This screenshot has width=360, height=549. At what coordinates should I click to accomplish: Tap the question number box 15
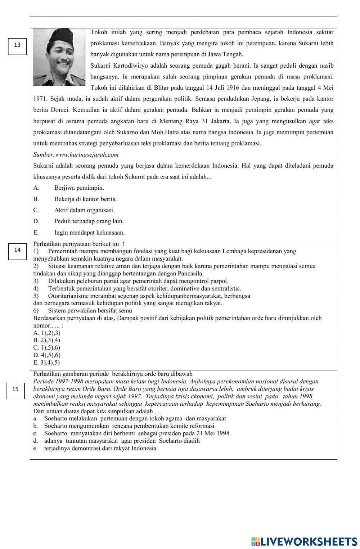click(15, 390)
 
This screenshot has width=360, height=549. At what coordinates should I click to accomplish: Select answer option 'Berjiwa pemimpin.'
click(79, 188)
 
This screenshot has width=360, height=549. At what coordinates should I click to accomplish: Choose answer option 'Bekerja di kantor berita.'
click(85, 199)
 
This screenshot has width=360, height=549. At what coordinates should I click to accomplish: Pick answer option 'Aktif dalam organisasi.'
click(84, 210)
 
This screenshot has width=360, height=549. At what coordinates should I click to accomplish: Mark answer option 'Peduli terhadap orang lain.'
click(89, 221)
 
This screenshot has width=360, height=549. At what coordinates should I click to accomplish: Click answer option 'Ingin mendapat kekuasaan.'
click(89, 233)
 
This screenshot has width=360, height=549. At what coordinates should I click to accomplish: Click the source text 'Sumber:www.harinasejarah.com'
click(76, 154)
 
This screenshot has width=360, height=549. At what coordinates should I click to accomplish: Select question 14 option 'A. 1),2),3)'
click(47, 333)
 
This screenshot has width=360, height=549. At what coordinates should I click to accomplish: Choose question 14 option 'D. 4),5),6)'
click(47, 355)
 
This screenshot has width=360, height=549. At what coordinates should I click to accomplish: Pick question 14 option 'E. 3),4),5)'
click(46, 363)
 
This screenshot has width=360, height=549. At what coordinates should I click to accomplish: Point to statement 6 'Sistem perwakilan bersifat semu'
click(90, 310)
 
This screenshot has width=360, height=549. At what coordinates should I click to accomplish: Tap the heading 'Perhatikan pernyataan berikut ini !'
click(79, 244)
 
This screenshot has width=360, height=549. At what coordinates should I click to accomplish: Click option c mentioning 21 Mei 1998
click(136, 433)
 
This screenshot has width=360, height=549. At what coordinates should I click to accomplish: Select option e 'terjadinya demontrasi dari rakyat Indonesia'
click(100, 448)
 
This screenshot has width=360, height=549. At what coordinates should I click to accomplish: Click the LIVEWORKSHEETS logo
click(304, 541)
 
